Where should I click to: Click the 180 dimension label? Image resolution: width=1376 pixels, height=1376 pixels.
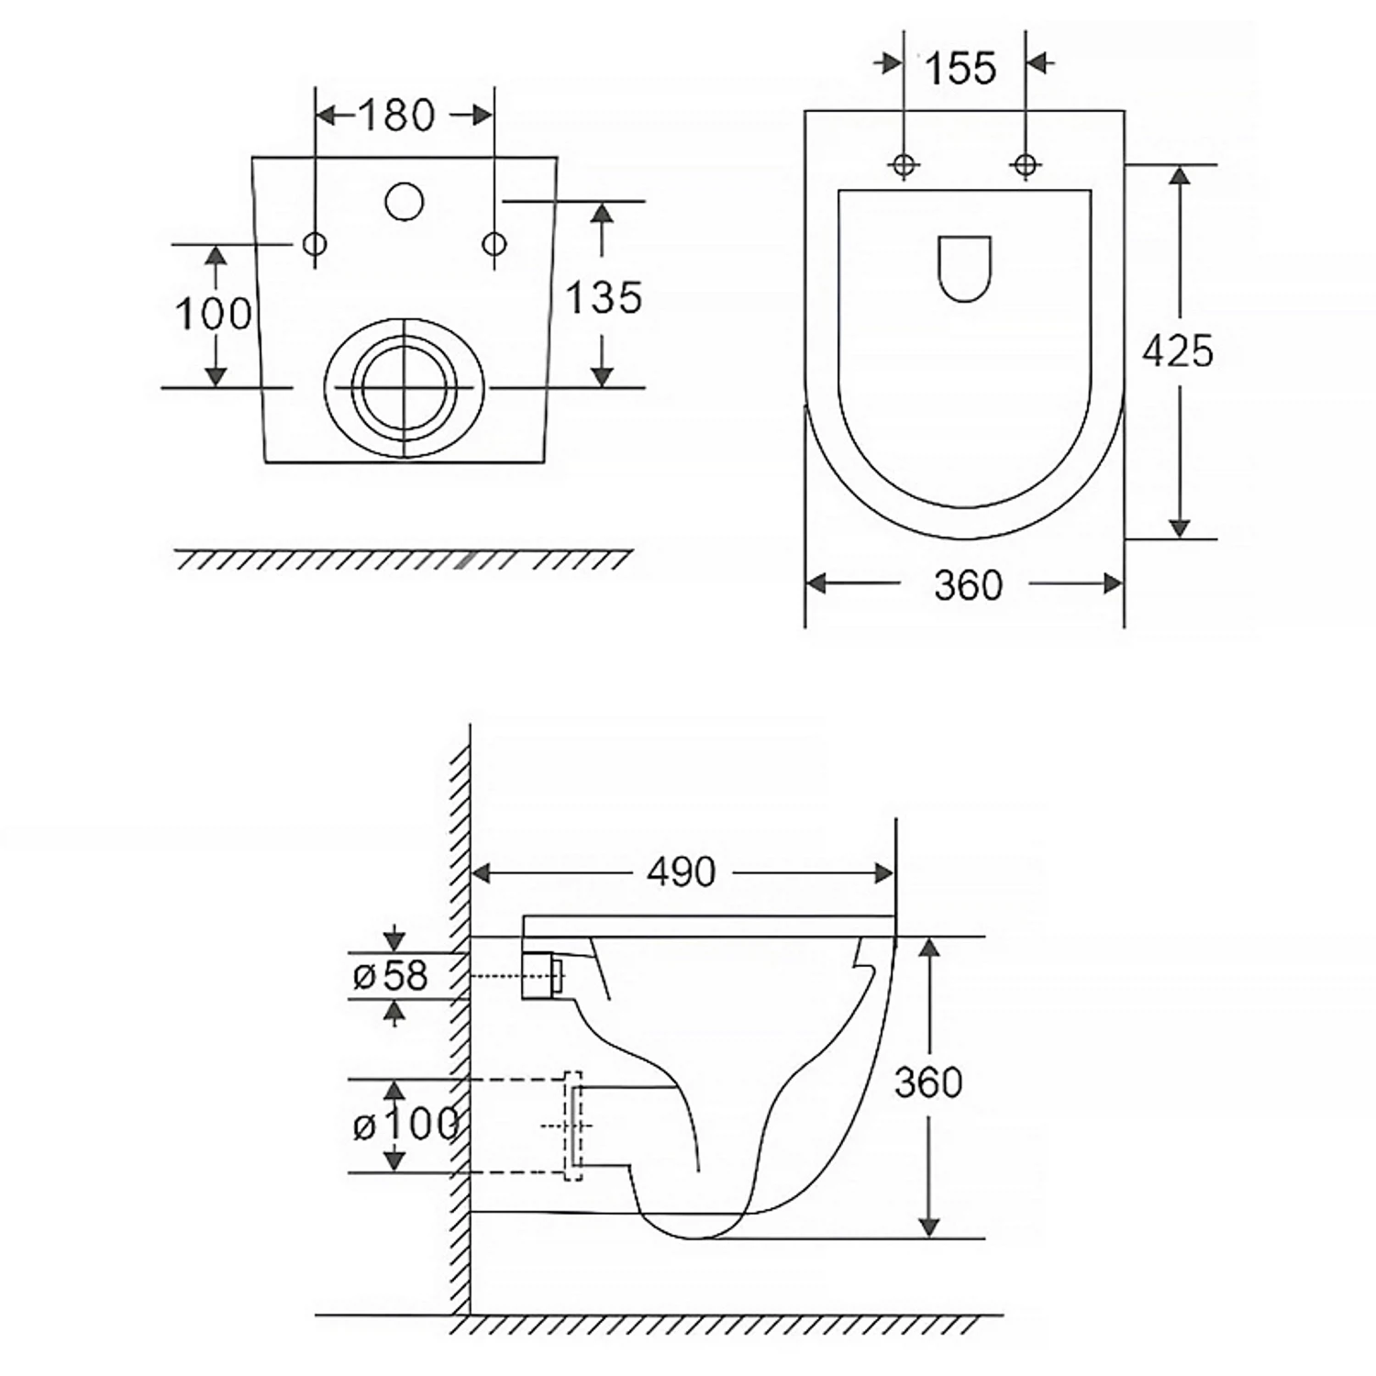click(x=395, y=115)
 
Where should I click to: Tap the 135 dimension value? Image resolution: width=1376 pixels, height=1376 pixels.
click(x=603, y=297)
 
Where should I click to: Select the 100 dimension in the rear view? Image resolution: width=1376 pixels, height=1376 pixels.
click(x=213, y=314)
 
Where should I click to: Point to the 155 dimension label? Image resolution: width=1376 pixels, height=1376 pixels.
click(x=960, y=68)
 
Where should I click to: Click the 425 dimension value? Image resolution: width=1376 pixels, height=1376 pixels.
click(x=1177, y=350)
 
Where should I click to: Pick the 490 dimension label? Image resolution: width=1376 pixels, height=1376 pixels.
click(x=681, y=871)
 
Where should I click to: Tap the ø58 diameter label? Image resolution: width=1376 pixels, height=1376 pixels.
click(x=390, y=976)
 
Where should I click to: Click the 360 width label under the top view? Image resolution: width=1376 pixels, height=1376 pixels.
click(x=968, y=584)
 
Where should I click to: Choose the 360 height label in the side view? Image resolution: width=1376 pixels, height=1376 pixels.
click(x=928, y=1082)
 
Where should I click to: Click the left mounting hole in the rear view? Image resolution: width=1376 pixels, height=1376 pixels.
click(x=315, y=244)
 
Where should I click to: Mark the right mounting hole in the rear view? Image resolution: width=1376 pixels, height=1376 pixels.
click(x=494, y=244)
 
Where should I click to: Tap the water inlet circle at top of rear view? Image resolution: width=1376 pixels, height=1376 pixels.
click(x=404, y=202)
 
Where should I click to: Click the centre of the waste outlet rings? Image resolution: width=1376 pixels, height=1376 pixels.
click(x=405, y=388)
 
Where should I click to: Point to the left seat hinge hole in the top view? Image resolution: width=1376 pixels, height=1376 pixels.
click(x=904, y=164)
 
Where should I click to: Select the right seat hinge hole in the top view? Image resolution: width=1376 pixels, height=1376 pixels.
click(x=1026, y=164)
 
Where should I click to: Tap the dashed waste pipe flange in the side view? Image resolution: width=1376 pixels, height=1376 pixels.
click(x=572, y=1126)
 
